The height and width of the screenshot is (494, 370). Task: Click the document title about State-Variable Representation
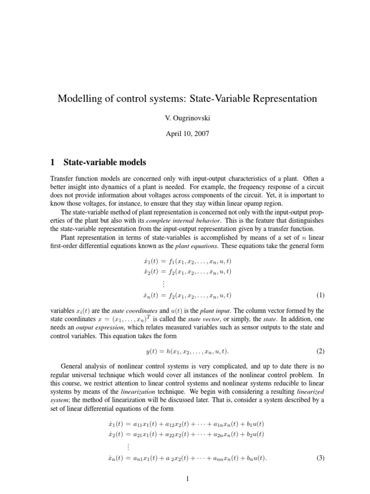click(x=187, y=98)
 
